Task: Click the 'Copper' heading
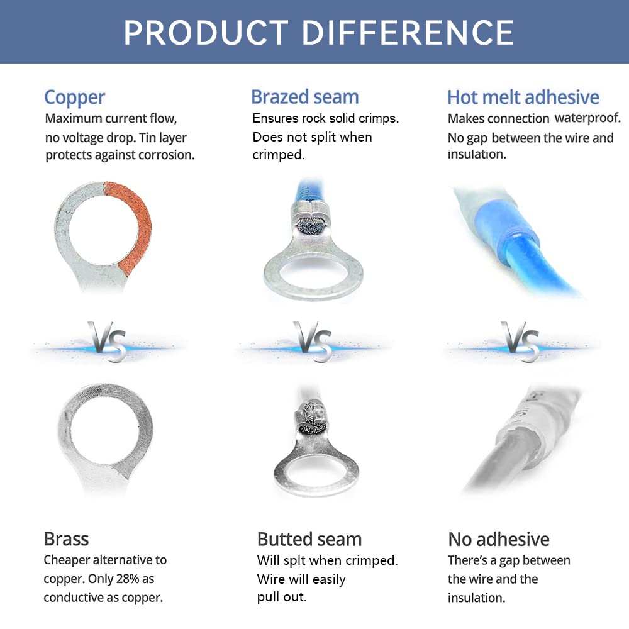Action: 74,97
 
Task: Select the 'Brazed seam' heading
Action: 304,97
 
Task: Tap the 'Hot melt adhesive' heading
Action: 523,97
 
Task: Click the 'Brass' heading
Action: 66,538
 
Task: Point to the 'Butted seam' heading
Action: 309,539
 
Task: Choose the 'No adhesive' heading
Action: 498,539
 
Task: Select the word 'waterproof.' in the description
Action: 587,118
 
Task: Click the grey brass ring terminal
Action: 104,434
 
